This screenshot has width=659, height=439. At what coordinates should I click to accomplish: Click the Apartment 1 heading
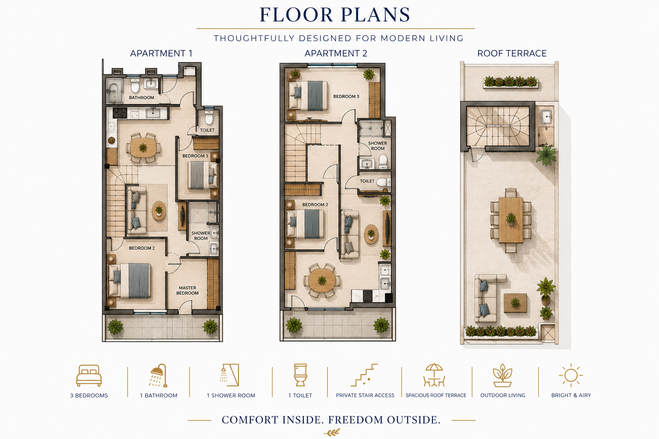[x=161, y=54]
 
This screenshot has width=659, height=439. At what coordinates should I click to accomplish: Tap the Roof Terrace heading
[x=512, y=54]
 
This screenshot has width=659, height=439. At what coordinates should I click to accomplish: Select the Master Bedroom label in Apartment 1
[x=187, y=291]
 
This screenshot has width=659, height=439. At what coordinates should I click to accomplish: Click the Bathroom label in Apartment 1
[x=141, y=98]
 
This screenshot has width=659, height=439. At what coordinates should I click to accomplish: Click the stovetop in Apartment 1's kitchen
[x=120, y=113]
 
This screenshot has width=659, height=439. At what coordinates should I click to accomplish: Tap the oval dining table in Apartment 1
[x=143, y=147]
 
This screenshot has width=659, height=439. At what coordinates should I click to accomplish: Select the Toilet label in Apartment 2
[x=367, y=181]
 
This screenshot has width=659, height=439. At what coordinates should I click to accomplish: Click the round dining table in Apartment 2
[x=322, y=280]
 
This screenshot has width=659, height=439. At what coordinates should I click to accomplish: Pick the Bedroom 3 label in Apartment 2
[x=346, y=96]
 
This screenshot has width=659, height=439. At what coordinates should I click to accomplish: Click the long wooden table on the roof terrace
[x=511, y=220]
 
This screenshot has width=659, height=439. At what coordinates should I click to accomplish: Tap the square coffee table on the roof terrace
[x=515, y=303]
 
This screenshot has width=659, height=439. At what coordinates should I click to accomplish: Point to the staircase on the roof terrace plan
[x=498, y=126]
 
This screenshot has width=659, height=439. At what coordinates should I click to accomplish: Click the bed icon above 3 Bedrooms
[x=89, y=376]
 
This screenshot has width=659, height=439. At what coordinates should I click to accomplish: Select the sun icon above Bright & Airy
[x=571, y=375]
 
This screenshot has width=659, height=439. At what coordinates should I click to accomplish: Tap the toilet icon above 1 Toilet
[x=300, y=375]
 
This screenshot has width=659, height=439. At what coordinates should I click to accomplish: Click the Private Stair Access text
[x=365, y=395]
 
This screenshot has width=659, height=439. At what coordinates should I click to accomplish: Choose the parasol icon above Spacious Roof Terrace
[x=434, y=375]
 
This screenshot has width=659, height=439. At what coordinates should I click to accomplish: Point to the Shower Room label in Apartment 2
[x=378, y=146]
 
